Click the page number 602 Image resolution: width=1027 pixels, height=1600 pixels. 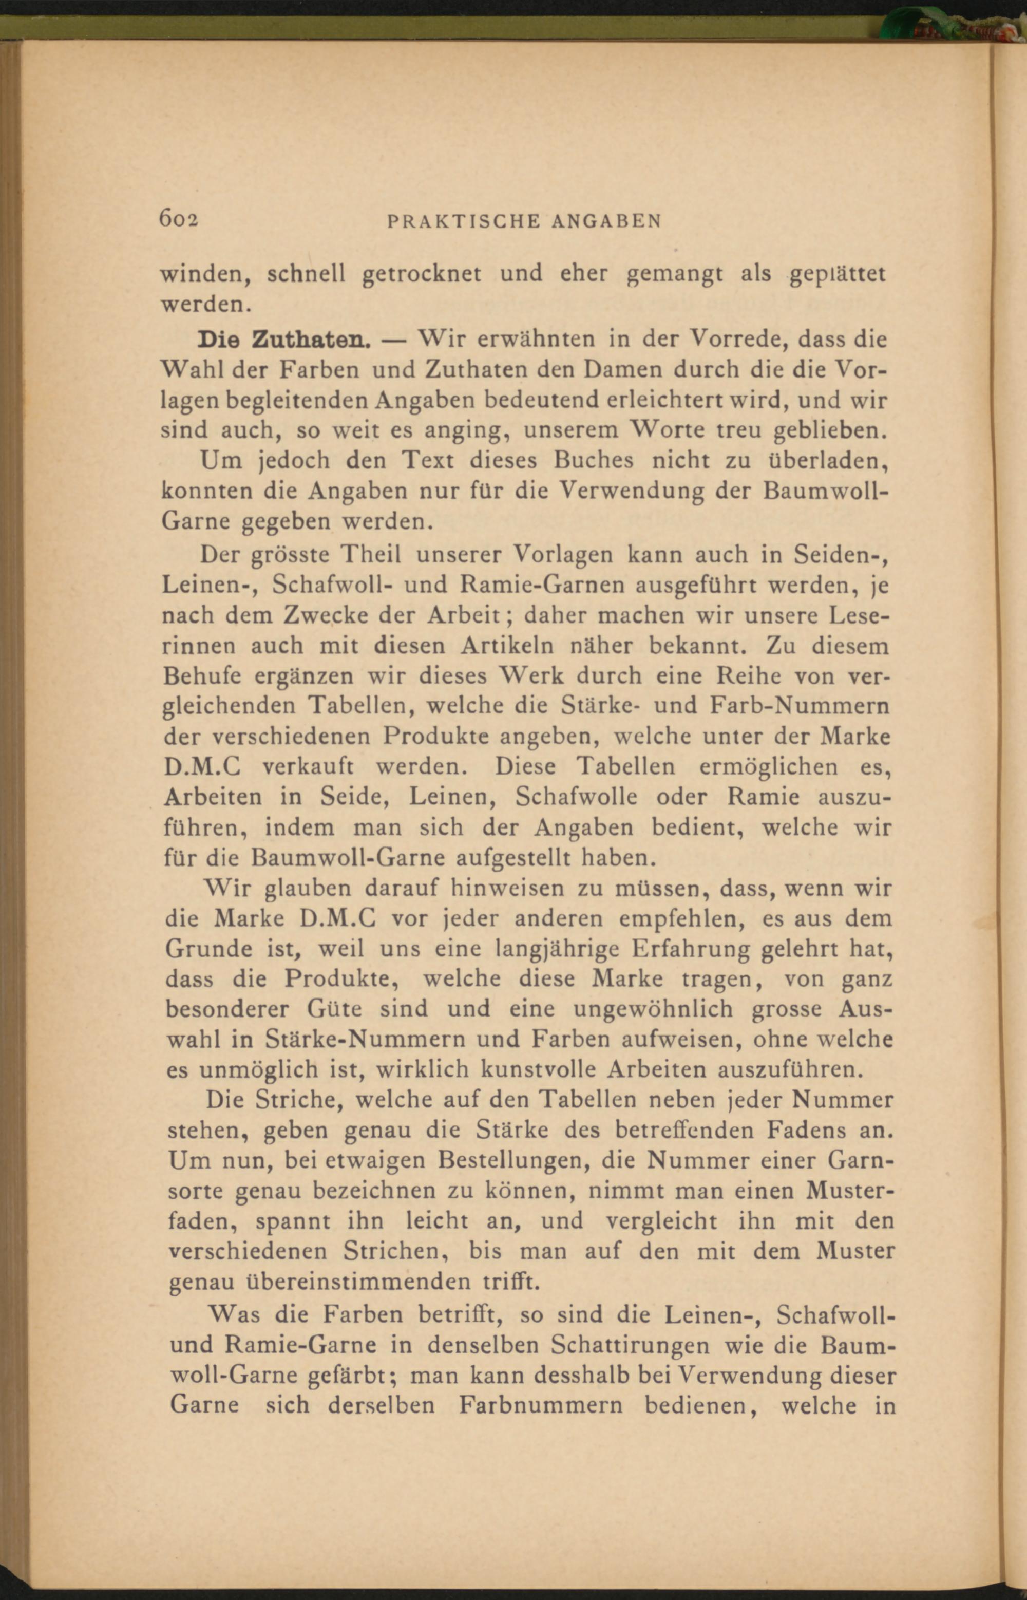(179, 219)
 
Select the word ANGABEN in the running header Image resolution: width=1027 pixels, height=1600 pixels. (606, 221)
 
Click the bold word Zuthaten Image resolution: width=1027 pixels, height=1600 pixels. (311, 340)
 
